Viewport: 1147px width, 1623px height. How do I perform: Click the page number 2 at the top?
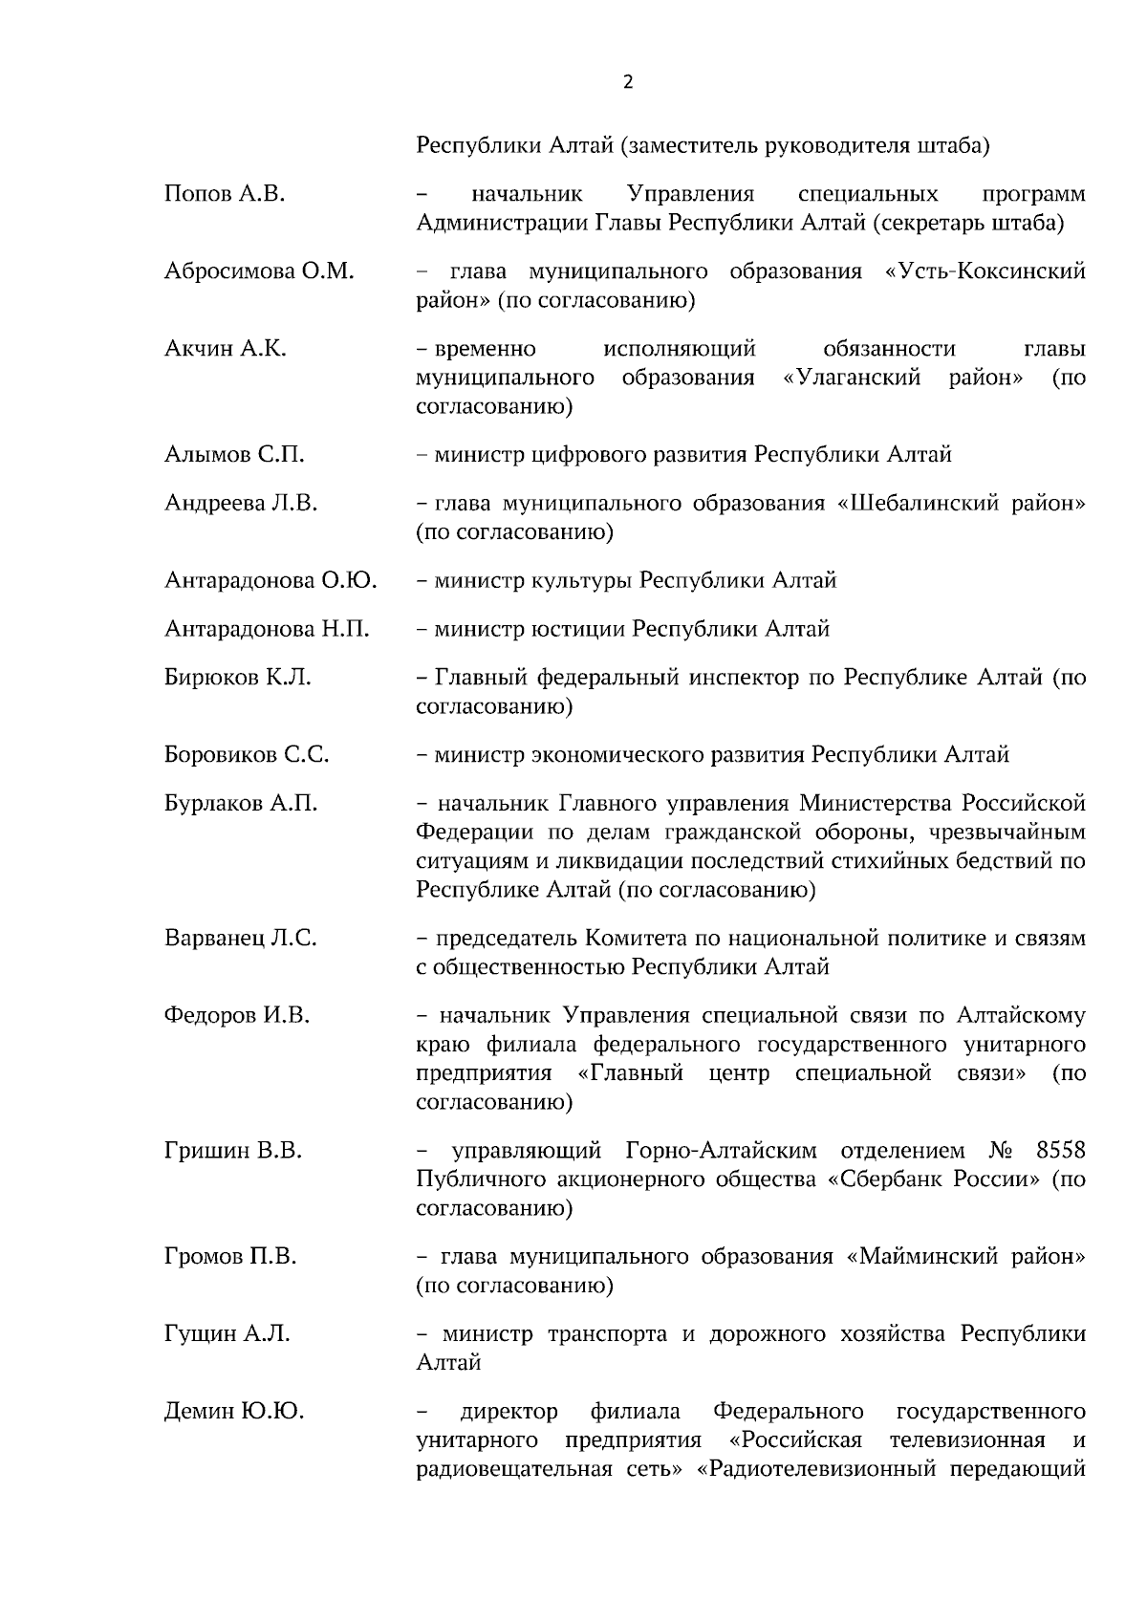click(627, 82)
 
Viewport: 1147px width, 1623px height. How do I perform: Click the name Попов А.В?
click(225, 194)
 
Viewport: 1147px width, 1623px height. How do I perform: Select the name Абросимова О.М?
click(259, 271)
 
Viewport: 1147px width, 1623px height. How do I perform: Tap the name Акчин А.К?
click(225, 349)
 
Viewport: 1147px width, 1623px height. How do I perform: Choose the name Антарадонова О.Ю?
click(271, 580)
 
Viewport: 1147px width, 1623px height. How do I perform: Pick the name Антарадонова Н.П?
click(267, 629)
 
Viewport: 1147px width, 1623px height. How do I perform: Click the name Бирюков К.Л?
click(237, 678)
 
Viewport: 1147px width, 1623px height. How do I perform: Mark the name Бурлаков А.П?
click(241, 803)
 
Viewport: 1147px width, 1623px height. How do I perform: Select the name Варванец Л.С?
click(240, 938)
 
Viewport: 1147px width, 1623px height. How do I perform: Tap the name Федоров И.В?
click(237, 1015)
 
